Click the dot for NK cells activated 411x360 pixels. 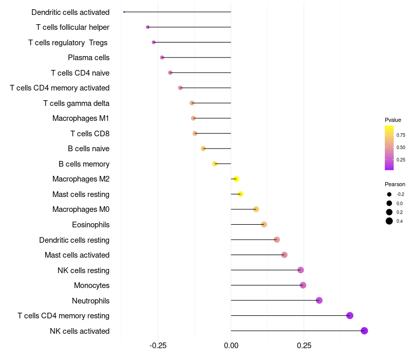(x=364, y=331)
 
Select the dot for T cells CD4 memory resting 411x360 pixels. (x=350, y=316)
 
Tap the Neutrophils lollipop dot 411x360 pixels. (x=319, y=300)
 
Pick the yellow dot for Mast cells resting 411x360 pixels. (x=240, y=194)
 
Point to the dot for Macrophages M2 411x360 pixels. (x=236, y=179)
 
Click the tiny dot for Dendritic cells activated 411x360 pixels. (x=124, y=12)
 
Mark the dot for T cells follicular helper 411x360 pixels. (x=148, y=27)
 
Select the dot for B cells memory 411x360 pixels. (x=215, y=164)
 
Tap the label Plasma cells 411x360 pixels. (x=88, y=58)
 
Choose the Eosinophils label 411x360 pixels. (x=90, y=225)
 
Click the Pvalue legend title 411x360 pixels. (x=393, y=120)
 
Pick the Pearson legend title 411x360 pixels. (x=395, y=184)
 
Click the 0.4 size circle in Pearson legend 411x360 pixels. (x=389, y=221)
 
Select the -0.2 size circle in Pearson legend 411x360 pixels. (x=389, y=194)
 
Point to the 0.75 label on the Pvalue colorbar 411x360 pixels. (x=401, y=135)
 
